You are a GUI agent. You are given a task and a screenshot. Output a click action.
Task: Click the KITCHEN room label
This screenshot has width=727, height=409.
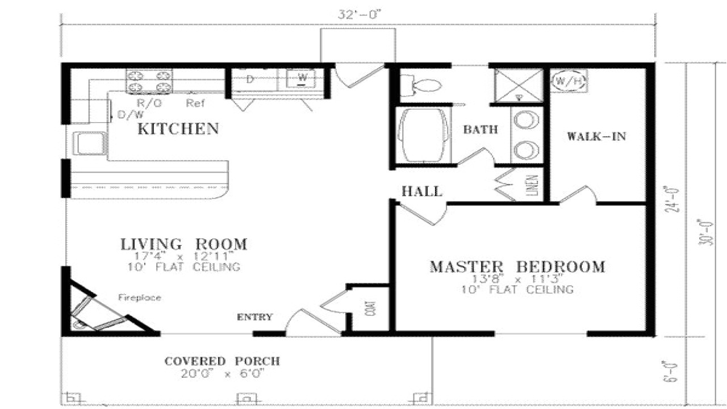pos(178,129)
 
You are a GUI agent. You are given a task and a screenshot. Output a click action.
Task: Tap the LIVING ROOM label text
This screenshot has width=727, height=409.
pos(184,244)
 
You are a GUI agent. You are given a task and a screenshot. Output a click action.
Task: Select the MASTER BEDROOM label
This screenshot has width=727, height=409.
pos(517,266)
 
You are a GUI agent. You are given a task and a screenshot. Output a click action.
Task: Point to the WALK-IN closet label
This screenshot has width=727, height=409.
pos(596,136)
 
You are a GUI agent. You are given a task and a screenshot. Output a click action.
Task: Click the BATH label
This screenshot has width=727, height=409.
pos(480,130)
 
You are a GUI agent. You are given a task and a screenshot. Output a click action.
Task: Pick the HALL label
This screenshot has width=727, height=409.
pos(421,191)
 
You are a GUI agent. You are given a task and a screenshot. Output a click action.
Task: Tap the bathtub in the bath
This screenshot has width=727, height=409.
pos(423,135)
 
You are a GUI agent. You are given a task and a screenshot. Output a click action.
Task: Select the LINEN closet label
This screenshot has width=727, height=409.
pos(534,185)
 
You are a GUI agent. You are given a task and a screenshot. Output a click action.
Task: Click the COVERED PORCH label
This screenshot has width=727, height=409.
pos(222,361)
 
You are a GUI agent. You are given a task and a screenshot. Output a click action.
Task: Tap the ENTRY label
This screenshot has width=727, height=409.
pos(254,317)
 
